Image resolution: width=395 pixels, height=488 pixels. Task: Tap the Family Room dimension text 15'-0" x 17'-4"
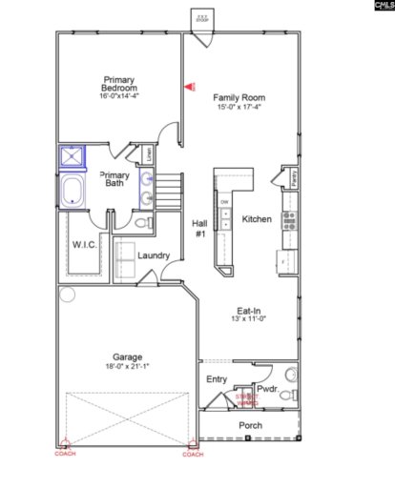(x=239, y=107)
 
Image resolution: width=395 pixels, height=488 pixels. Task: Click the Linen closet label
(x=150, y=152)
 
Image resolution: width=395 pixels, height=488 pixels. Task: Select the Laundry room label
(x=154, y=255)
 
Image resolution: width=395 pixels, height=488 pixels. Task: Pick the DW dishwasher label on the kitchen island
(x=224, y=203)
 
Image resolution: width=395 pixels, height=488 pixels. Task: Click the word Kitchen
(x=258, y=219)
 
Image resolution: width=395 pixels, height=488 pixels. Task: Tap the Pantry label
(x=294, y=177)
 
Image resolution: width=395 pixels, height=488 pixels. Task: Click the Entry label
(x=217, y=379)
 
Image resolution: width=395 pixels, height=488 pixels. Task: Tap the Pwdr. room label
(x=266, y=389)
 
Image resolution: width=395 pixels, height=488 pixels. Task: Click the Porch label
(x=250, y=425)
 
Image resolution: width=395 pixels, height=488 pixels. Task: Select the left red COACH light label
(x=64, y=454)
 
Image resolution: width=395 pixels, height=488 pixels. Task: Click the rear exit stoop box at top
(x=202, y=18)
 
